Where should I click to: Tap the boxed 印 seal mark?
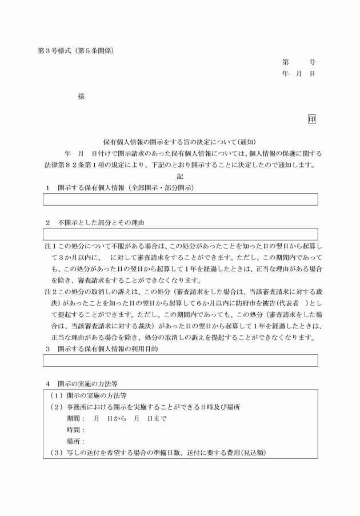tap(311, 119)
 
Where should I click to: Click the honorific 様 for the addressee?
tap(81, 97)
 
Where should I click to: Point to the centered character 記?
tap(180, 177)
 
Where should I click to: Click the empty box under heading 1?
tap(180, 199)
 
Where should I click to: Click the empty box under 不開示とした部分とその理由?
tap(180, 234)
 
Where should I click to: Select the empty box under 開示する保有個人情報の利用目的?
tap(180, 361)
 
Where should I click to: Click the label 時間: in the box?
tap(75, 430)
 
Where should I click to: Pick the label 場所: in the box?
tap(75, 441)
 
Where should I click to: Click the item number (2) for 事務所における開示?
tap(55, 407)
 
